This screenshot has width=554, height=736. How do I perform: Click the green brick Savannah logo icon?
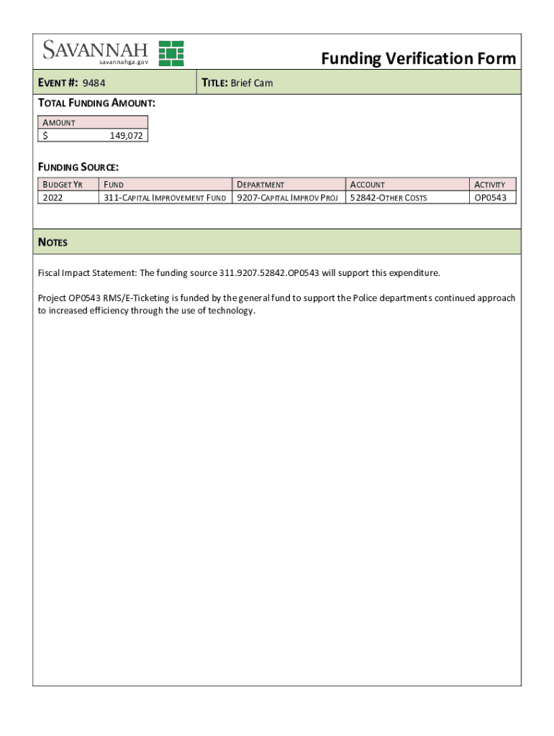pos(171,53)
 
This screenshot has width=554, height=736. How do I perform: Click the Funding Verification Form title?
pos(418,58)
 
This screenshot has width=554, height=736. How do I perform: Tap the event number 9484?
pos(94,83)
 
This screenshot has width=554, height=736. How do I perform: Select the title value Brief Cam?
pos(251,83)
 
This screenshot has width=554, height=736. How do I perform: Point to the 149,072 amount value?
pos(126,135)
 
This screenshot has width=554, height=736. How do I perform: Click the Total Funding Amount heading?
pos(96,103)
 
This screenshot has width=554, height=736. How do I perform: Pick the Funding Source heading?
pos(78,167)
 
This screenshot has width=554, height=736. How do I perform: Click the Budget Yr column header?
pos(63,185)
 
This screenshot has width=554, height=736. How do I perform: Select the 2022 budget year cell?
pos(53,198)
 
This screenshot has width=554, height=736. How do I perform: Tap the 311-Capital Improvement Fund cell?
pos(165,198)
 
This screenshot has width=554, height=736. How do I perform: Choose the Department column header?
pos(260,185)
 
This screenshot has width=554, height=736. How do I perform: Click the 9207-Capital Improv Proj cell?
pos(287,198)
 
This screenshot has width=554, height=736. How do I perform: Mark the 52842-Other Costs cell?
pos(389,198)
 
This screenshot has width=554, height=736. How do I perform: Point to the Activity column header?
pos(494,185)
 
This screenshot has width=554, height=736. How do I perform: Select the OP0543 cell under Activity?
pos(494,198)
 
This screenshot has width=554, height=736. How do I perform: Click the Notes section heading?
pos(53,242)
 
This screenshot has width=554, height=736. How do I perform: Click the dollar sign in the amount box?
pos(45,135)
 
